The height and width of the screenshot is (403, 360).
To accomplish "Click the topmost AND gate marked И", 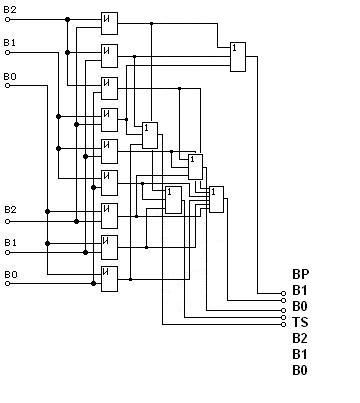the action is click(109, 23).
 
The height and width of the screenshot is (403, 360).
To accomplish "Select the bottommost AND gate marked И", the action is click(109, 279).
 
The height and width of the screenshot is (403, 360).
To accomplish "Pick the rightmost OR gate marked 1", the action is click(238, 57).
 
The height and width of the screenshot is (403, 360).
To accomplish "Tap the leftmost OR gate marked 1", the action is click(150, 135).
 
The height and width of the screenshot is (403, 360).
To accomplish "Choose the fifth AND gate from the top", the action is click(109, 151).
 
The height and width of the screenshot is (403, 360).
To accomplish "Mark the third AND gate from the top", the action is click(109, 88).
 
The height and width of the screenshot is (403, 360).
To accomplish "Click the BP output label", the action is click(301, 274).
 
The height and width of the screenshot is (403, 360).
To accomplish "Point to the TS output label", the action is click(300, 322).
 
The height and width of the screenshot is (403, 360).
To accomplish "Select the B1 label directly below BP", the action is click(300, 290).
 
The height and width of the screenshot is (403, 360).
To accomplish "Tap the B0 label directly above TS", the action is click(300, 306).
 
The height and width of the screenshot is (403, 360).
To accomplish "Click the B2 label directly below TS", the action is click(300, 338).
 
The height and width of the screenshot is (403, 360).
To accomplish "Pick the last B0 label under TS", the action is click(300, 370).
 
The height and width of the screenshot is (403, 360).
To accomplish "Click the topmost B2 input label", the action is click(10, 10).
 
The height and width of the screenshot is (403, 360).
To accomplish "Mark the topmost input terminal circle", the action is click(8, 19).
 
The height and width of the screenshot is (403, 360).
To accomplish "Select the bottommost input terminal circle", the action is click(8, 284).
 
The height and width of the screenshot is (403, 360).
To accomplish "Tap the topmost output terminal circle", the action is click(283, 293).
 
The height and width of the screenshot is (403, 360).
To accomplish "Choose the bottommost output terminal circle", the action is click(283, 324).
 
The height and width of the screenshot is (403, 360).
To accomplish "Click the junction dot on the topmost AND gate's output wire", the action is click(151, 23).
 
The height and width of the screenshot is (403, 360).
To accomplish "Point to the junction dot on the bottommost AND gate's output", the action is click(130, 279).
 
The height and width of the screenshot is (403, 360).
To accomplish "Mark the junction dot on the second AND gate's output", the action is click(135, 57).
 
